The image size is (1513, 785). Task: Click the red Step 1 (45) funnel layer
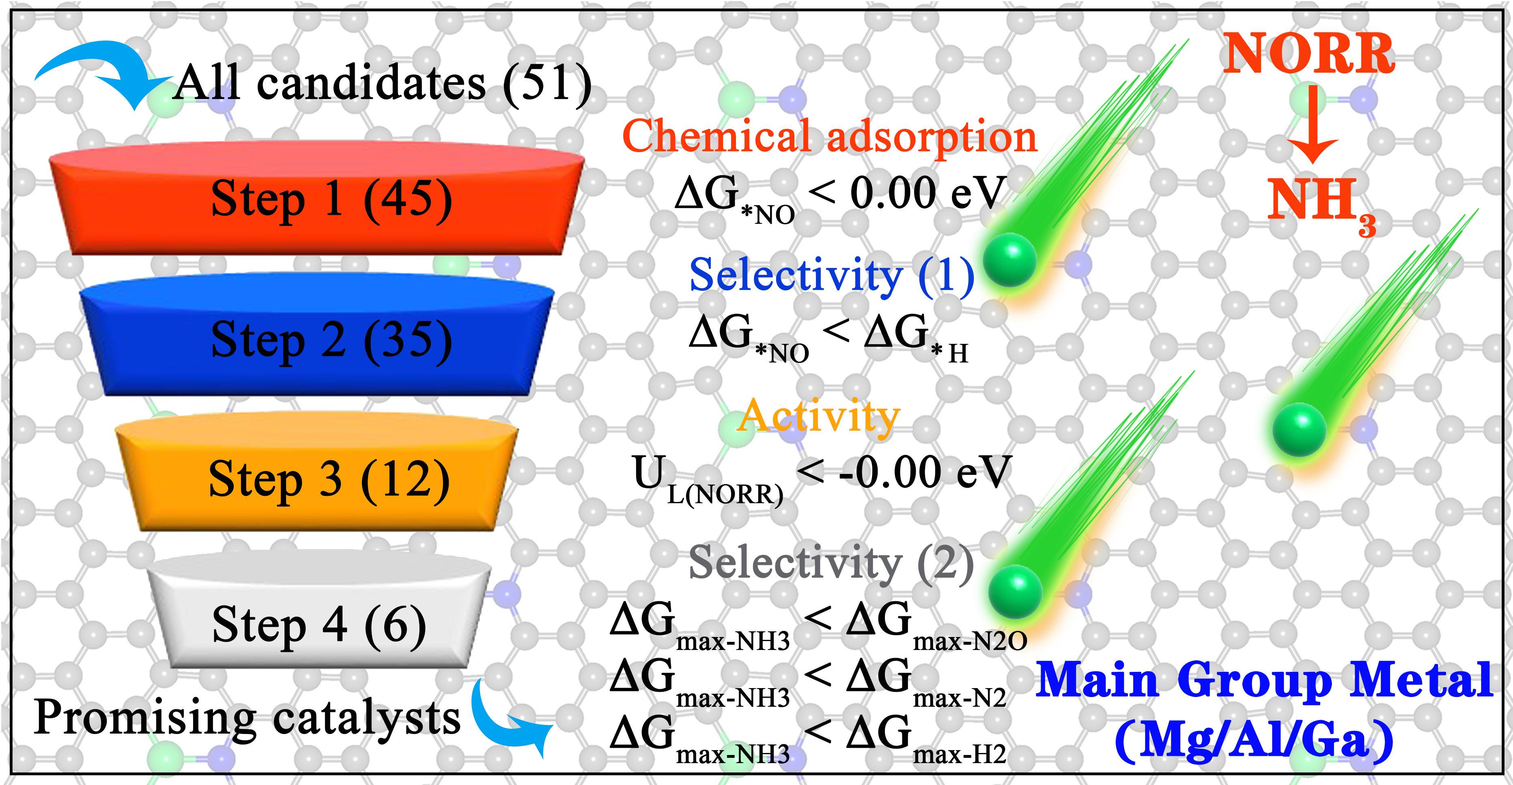317,199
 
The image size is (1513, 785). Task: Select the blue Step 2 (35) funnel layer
317,341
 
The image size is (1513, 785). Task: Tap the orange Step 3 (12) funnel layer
317,478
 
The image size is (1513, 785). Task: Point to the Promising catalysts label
247,717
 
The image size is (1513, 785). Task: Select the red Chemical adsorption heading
829,136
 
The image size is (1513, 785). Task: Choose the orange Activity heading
819,416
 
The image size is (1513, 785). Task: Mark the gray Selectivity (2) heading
831,562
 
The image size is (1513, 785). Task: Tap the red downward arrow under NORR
1310,126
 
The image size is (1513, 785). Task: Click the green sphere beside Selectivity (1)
1009,258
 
